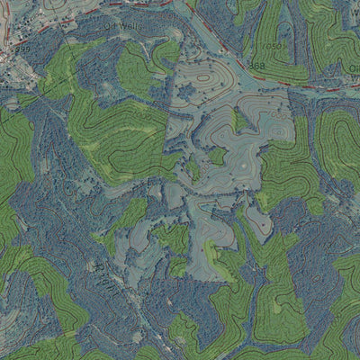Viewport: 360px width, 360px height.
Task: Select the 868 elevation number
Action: click(258, 66)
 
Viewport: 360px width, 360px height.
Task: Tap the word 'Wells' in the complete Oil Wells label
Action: click(130, 28)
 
